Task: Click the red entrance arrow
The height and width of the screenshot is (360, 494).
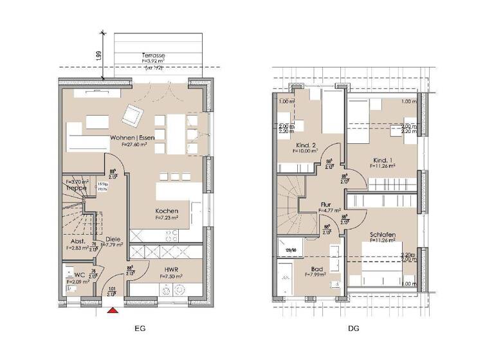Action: coord(113,310)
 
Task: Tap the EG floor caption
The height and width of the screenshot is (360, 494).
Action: coord(141,328)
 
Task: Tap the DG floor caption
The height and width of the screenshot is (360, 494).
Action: coord(353,328)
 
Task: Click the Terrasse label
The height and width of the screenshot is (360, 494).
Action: coord(153,56)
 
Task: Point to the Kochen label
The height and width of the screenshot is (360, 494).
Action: coord(166,211)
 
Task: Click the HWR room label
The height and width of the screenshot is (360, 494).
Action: coord(170,269)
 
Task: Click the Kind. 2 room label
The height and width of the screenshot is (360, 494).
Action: coord(305,145)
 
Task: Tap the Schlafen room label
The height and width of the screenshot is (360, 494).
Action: coord(382,235)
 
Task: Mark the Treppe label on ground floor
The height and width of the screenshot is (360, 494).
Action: coord(76,188)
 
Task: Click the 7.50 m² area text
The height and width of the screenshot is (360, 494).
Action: coord(170,276)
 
